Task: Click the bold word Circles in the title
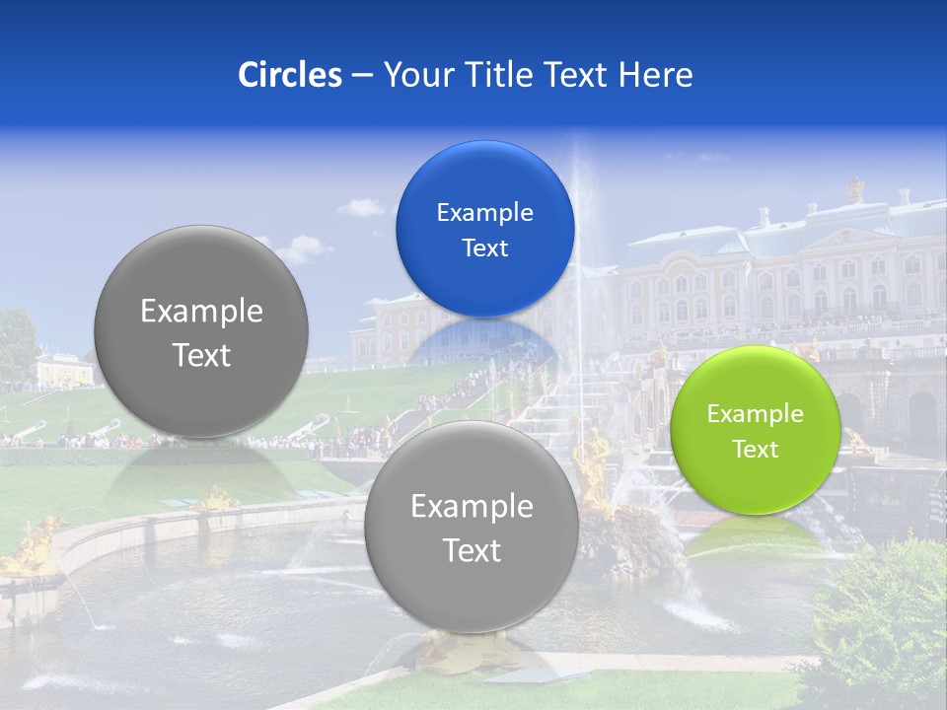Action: coord(290,75)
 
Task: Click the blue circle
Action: coord(484,229)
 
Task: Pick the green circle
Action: coord(755,430)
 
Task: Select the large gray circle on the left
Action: coord(201,331)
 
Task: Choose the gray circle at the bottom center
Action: coord(472,526)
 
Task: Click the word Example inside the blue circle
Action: coord(484,212)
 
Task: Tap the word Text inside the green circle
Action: coord(756,450)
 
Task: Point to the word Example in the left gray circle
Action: coord(201,312)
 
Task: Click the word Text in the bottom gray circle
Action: coord(472,550)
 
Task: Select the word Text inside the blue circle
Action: coord(484,248)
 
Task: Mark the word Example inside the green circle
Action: coord(755,414)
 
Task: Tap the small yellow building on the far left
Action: coord(61,370)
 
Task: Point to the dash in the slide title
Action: coord(362,75)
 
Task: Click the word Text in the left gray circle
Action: coord(201,355)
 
